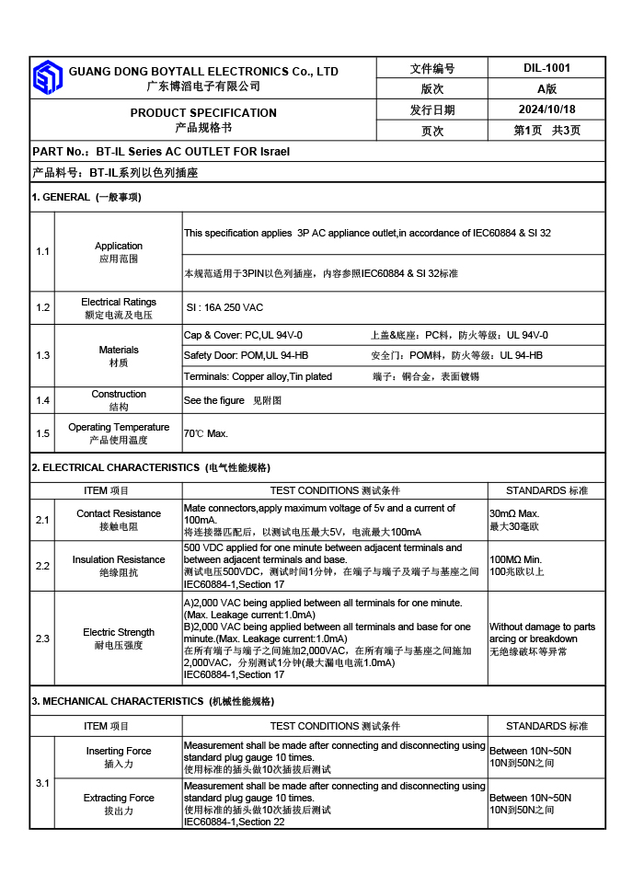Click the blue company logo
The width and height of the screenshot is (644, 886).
point(48,78)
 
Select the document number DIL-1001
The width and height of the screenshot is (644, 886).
point(546,68)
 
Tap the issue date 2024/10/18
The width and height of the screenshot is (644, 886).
point(546,109)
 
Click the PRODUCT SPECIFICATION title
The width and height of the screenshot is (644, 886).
point(203,113)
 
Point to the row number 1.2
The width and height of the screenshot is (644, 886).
point(43,308)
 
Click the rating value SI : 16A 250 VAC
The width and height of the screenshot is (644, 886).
point(224,308)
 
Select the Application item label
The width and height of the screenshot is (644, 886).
point(119,246)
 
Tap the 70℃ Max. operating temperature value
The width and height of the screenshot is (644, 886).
point(206,433)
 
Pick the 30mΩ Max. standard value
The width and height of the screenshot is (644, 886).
point(514,513)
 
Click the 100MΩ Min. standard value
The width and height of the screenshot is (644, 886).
point(516,559)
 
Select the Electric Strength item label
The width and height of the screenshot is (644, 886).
point(119,632)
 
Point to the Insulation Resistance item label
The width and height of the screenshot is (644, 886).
point(119,559)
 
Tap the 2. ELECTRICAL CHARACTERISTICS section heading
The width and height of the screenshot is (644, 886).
point(115,467)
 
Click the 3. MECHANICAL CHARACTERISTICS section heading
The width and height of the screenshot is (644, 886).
point(117,701)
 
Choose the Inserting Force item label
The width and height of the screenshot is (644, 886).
point(119,751)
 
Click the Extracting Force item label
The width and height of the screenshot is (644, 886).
point(119,798)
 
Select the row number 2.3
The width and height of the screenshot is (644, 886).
point(43,639)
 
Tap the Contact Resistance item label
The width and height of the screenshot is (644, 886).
point(119,513)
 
